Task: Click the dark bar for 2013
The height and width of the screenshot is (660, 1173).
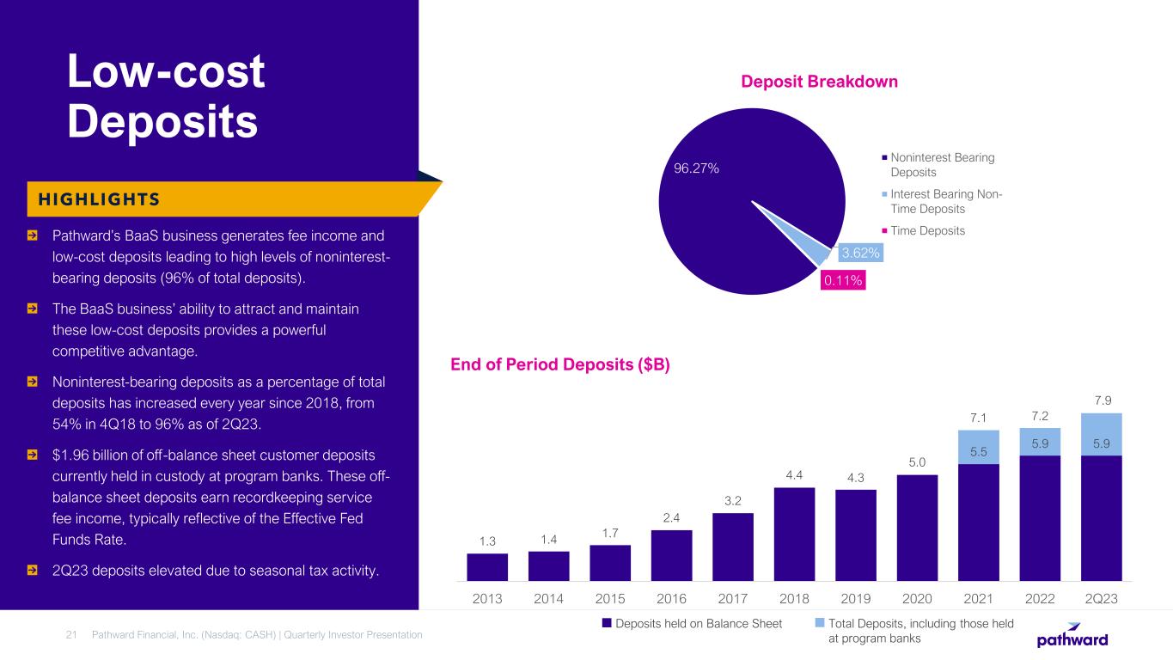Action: (x=487, y=567)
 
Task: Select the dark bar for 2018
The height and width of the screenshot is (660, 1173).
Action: (x=794, y=534)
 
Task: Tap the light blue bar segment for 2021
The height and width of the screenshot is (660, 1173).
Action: (x=979, y=447)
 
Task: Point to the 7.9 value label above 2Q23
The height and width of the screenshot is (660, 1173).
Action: (x=1102, y=400)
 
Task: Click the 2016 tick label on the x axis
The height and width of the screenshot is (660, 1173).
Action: (x=671, y=597)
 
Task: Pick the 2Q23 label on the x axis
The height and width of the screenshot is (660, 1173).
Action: (x=1102, y=597)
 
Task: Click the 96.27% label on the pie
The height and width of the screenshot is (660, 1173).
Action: (x=696, y=169)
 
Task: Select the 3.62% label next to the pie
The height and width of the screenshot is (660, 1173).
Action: (x=859, y=254)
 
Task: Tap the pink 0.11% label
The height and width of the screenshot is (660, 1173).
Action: (x=842, y=280)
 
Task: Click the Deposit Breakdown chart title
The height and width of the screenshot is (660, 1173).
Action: (x=819, y=82)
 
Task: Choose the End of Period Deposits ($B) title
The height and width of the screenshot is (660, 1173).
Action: (x=560, y=365)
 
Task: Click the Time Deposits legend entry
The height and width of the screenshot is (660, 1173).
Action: (x=927, y=230)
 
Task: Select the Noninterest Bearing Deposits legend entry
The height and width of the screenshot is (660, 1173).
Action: (x=942, y=165)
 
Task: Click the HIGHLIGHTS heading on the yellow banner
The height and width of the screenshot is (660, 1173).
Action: (x=95, y=199)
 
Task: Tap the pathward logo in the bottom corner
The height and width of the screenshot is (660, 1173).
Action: (x=1072, y=635)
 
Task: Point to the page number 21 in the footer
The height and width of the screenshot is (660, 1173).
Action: (x=72, y=634)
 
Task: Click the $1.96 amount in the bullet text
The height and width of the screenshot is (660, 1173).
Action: (x=72, y=453)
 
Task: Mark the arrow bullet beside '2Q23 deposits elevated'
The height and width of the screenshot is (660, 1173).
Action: (x=32, y=570)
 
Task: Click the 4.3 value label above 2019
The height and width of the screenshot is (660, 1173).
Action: (x=855, y=477)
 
